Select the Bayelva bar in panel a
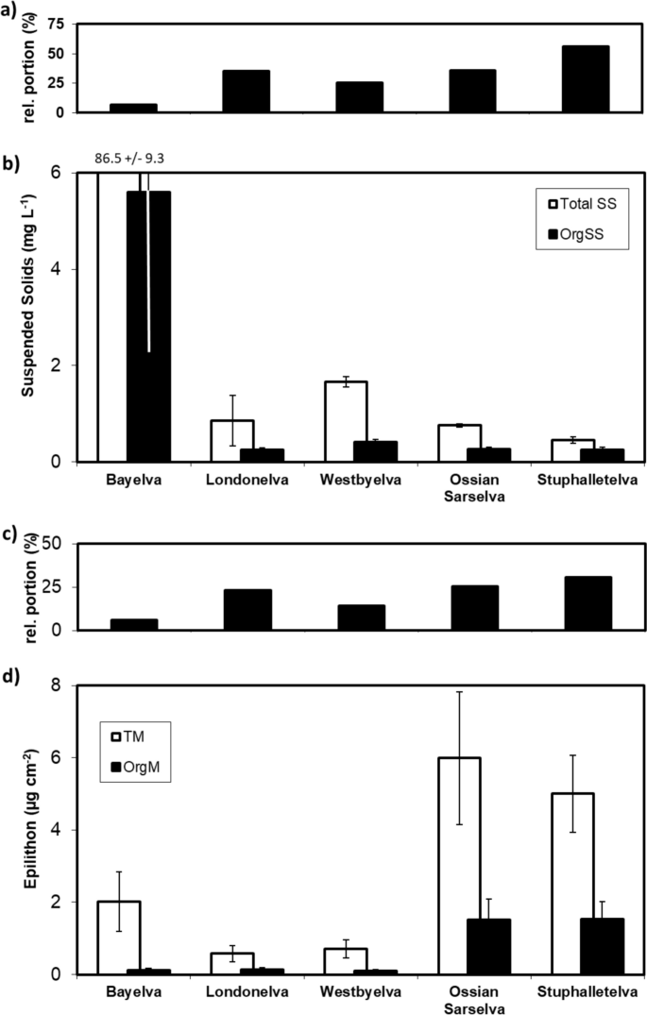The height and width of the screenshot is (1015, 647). pos(133,108)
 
